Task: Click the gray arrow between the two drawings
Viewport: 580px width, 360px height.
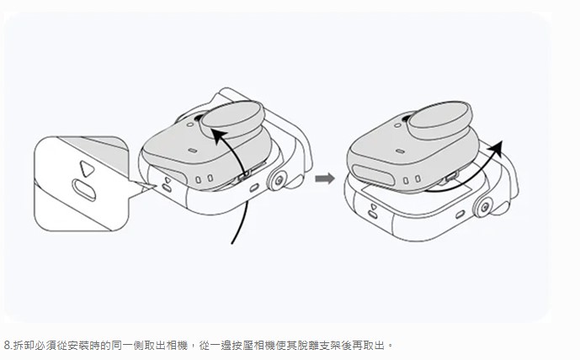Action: (325, 179)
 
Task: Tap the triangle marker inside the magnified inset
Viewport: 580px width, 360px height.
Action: (87, 168)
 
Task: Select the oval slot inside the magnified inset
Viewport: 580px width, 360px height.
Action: (84, 190)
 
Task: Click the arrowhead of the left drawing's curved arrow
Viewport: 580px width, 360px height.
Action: (219, 135)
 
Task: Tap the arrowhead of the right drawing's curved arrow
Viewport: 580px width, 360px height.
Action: (496, 147)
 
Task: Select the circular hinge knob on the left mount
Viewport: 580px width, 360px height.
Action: (279, 180)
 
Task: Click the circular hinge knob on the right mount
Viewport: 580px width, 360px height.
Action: (485, 207)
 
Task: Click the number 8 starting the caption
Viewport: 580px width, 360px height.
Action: (7, 346)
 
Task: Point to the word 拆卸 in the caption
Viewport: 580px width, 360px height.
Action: (24, 346)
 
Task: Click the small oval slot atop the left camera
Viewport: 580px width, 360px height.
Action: (192, 151)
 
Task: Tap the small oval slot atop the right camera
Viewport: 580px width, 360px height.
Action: (400, 151)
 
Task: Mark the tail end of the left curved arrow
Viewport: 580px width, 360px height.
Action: (232, 243)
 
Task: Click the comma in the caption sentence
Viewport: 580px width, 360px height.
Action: (192, 347)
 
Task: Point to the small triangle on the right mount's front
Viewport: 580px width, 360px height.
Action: (374, 207)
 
